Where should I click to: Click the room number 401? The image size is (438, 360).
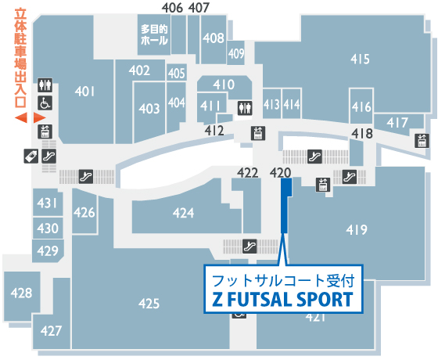[x=85, y=92]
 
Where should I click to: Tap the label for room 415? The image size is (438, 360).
[x=360, y=59]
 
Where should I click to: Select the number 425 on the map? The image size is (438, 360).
[x=149, y=304]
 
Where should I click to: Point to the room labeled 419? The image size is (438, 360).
[x=357, y=230]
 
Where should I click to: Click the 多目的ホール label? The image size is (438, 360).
[x=154, y=35]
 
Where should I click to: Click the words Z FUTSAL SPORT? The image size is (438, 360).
[x=282, y=299]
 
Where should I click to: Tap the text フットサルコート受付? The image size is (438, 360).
[x=283, y=281]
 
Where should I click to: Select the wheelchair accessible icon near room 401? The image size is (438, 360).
[x=45, y=103]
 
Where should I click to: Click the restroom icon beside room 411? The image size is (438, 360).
[x=245, y=108]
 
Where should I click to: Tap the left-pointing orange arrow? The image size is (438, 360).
[x=21, y=117]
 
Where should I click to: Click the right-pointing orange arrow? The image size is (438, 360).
[x=39, y=117]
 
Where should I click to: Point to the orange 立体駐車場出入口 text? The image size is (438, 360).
[x=20, y=59]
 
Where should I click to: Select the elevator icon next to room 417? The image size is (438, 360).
[x=422, y=141]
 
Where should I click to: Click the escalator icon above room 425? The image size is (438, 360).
[x=250, y=247]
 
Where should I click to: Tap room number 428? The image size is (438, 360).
[x=22, y=293]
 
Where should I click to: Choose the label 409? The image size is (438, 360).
[x=236, y=53]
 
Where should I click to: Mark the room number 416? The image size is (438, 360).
[x=361, y=106]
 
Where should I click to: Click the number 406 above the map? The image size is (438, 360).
[x=172, y=8]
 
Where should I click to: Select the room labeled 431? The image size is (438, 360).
[x=47, y=203]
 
